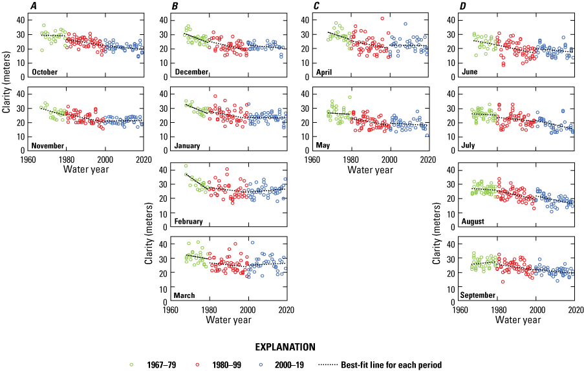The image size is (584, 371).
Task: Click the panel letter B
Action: pyautogui.click(x=175, y=5)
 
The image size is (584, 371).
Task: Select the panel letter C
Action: pyautogui.click(x=316, y=5)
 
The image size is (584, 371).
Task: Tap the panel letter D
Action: pyautogui.click(x=462, y=5)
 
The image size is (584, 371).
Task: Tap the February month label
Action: pyautogui.click(x=189, y=221)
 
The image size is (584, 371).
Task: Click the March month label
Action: pyautogui.click(x=185, y=295)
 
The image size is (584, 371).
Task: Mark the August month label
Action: pyautogui.click(x=473, y=221)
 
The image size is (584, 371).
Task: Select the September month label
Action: pyautogui.click(x=479, y=295)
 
